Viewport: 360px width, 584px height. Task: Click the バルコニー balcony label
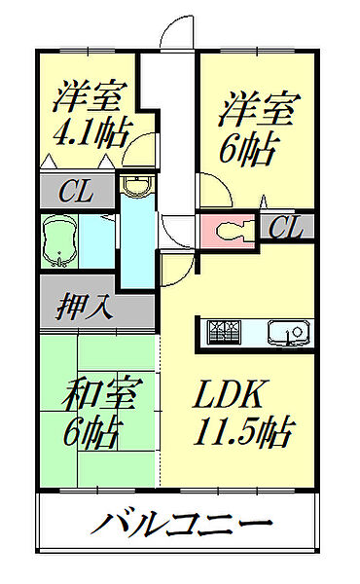(182, 527)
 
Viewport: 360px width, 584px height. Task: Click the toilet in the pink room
(229, 231)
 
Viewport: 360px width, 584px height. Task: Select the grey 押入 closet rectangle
(97, 307)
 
